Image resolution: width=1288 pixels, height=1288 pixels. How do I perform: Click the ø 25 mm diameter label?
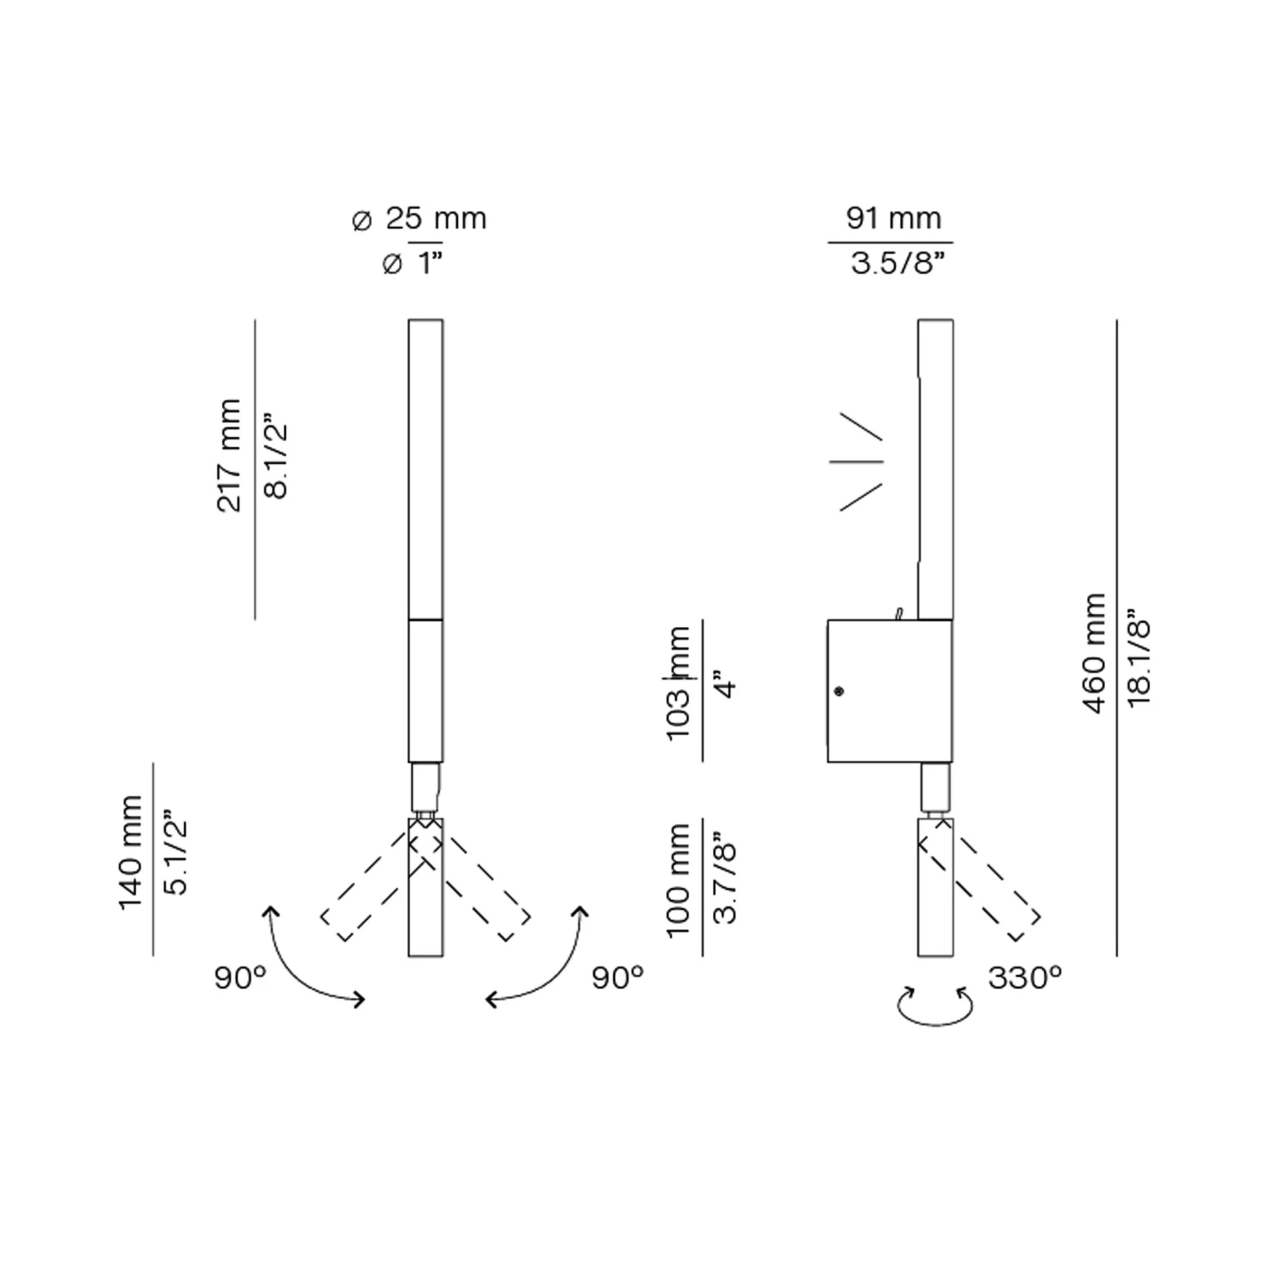point(419,219)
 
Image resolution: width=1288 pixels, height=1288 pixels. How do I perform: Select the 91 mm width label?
point(894,219)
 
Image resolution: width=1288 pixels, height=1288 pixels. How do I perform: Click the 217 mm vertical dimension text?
point(229,455)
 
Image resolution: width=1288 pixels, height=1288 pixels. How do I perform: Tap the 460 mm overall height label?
point(1093,653)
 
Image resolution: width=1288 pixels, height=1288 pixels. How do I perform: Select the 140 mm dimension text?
point(131,852)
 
